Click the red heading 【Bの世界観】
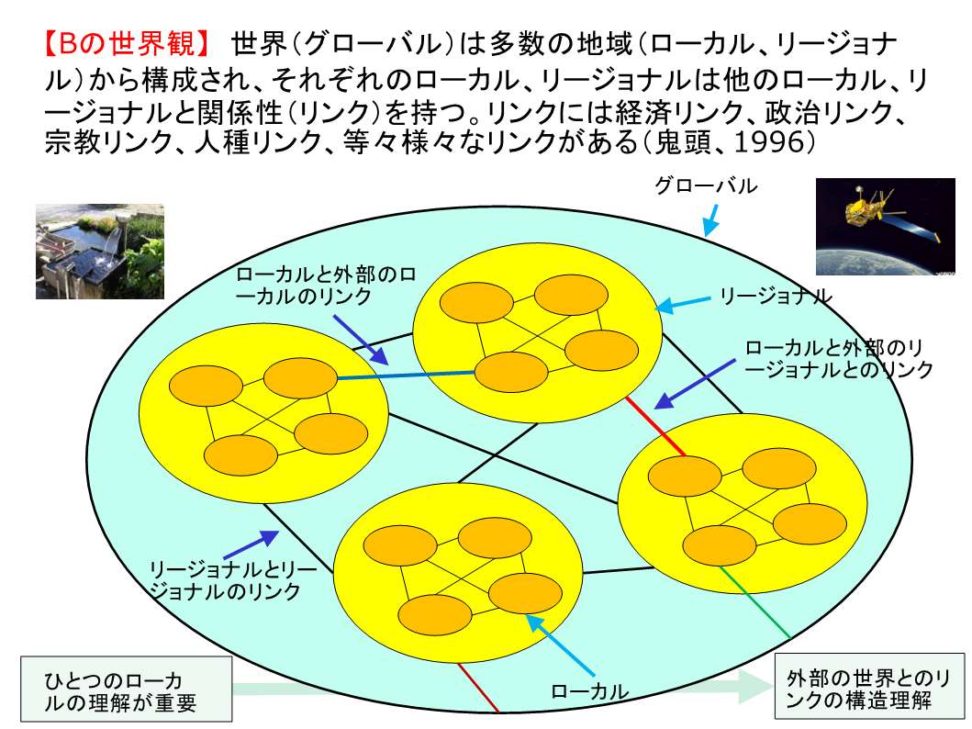click(x=128, y=43)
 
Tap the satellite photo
click(x=885, y=226)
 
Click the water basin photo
click(x=100, y=252)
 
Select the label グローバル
click(x=706, y=185)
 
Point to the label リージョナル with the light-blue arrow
click(x=775, y=297)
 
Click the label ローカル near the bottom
click(x=589, y=690)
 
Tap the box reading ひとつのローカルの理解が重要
click(x=127, y=690)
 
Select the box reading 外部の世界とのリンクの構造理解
click(x=870, y=687)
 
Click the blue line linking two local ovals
click(x=406, y=375)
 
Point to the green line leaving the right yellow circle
click(x=755, y=602)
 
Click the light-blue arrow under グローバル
click(x=711, y=220)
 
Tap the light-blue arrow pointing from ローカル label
click(x=561, y=645)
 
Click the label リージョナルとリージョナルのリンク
click(x=232, y=580)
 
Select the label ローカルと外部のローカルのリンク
click(x=326, y=286)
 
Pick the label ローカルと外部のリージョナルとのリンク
click(x=839, y=359)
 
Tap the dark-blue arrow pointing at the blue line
click(x=360, y=340)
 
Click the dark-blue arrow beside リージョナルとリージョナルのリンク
click(x=251, y=544)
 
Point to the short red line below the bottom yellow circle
click(x=478, y=688)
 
